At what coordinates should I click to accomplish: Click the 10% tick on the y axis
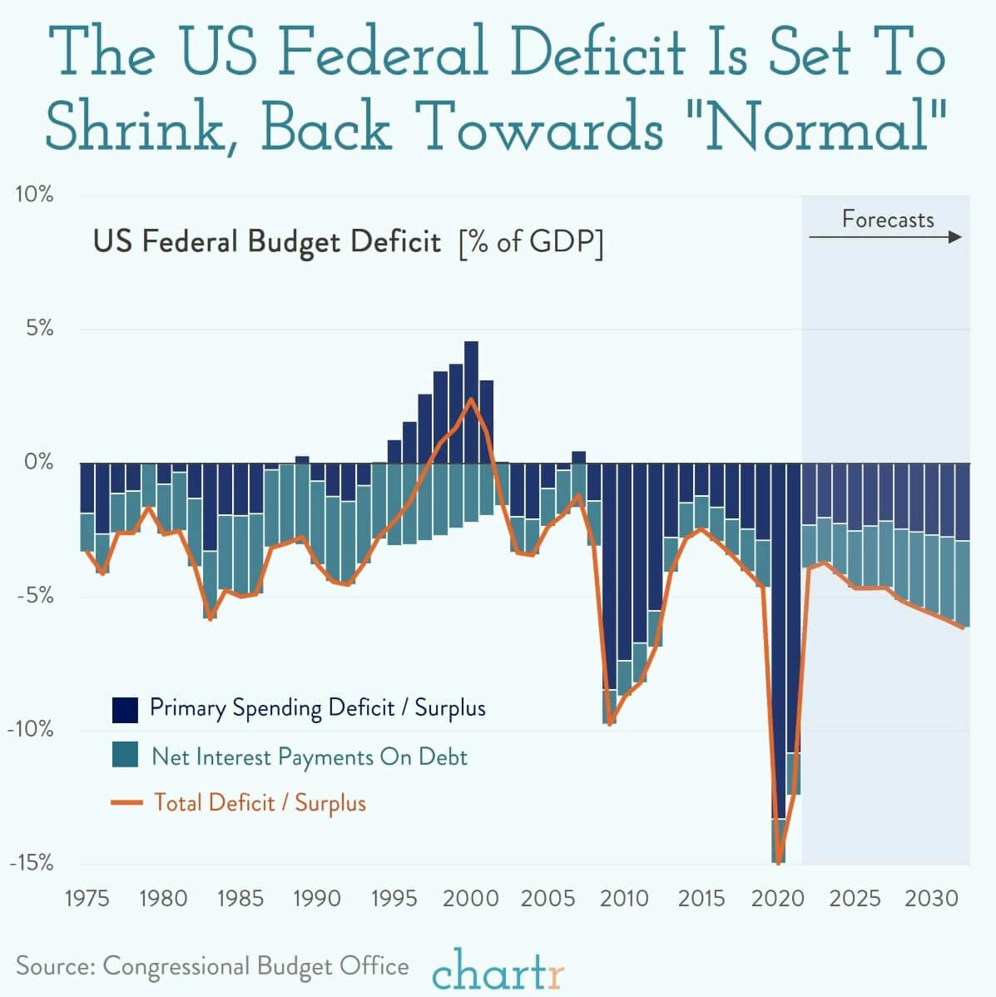[x=34, y=195]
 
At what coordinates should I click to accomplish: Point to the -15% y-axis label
[x=32, y=862]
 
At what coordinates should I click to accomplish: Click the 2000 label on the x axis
[x=471, y=899]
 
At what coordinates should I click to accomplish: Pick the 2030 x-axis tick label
[x=933, y=899]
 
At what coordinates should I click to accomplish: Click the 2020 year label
[x=779, y=899]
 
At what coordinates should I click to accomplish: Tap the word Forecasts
[x=888, y=219]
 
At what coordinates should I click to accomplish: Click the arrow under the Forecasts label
[x=885, y=237]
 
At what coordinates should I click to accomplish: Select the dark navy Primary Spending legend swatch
[x=125, y=710]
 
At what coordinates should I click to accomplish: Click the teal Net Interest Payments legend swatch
[x=125, y=756]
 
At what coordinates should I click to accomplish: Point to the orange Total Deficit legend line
[x=125, y=803]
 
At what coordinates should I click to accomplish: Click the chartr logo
[x=498, y=970]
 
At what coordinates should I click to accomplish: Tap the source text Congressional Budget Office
[x=255, y=965]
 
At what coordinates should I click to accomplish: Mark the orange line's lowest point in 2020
[x=779, y=863]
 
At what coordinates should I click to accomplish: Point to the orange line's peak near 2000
[x=471, y=399]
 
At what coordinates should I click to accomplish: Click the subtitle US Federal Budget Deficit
[x=266, y=242]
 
